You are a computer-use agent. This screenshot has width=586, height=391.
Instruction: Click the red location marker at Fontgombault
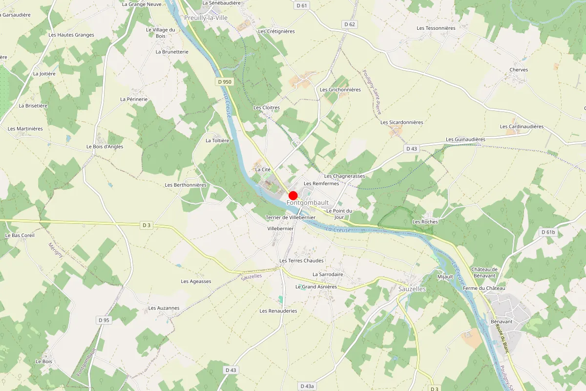tap(293, 195)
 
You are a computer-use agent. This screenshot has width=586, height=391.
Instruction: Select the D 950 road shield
tap(224, 82)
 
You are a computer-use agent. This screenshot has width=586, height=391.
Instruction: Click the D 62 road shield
tap(350, 24)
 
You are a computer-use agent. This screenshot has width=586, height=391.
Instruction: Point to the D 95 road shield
tap(104, 320)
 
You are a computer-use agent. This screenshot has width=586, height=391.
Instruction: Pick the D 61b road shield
tap(548, 232)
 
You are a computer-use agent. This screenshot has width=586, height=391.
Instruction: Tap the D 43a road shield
tap(307, 386)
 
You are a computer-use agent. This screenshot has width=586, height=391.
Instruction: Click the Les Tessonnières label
tap(436, 28)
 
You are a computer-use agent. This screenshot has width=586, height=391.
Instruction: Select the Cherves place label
tap(518, 70)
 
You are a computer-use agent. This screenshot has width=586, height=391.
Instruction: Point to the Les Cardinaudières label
tap(522, 127)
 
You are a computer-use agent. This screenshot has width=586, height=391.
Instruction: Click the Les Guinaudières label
tap(463, 139)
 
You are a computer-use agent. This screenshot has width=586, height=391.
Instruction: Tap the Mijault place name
tap(445, 277)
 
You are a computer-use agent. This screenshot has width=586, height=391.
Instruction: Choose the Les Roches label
tap(425, 222)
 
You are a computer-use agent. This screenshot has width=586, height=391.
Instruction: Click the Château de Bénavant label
tap(484, 272)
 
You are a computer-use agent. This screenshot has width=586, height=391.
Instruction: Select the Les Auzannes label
tap(164, 308)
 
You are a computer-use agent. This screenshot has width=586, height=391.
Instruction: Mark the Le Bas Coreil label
tap(20, 235)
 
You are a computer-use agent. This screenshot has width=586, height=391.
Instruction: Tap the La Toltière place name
tap(217, 140)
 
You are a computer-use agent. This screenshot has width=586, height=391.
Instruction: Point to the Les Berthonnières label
tap(186, 185)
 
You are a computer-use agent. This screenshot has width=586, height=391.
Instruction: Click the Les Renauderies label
tap(278, 311)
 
